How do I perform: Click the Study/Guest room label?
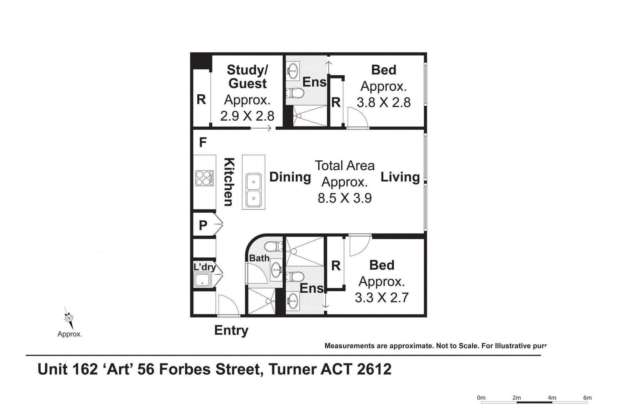click(247, 76)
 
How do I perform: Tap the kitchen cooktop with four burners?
click(204, 178)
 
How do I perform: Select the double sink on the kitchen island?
click(253, 190)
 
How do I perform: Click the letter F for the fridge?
click(203, 142)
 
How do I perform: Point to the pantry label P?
click(203, 225)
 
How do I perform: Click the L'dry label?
click(204, 267)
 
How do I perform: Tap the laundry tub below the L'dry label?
click(202, 280)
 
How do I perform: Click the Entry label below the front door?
click(231, 330)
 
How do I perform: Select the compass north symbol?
click(69, 318)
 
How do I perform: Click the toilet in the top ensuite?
click(295, 94)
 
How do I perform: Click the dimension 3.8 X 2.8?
click(383, 103)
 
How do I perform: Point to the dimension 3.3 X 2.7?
click(381, 297)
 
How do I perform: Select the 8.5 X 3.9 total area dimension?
click(344, 198)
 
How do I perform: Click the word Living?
click(400, 177)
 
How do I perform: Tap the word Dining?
click(290, 177)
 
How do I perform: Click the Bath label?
click(259, 258)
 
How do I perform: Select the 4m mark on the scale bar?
click(552, 398)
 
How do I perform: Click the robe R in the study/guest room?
click(201, 99)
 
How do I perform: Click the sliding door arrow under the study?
click(261, 129)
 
